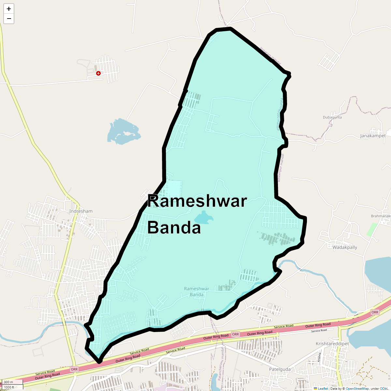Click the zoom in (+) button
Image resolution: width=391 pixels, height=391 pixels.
point(9,9)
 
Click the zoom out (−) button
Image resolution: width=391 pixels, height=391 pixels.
point(9,19)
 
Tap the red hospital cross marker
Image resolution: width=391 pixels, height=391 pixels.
point(98,73)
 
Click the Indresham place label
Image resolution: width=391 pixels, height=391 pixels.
point(81,211)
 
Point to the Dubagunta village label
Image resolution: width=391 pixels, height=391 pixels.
point(332,117)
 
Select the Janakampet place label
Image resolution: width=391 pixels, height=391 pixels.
point(373,136)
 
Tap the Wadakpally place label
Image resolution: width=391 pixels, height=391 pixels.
point(345,247)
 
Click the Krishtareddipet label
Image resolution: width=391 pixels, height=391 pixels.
point(332,344)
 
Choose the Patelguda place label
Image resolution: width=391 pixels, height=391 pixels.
point(280,369)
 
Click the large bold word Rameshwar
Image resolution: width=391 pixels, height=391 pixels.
point(197,201)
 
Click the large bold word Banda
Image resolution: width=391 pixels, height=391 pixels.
point(174,228)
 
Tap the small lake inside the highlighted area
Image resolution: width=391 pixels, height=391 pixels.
point(203,218)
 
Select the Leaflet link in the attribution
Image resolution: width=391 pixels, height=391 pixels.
point(323,388)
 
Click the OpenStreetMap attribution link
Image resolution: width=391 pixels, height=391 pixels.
point(357,388)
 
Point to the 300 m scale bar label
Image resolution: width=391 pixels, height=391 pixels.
point(9,382)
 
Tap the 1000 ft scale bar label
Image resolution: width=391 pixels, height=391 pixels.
point(9,387)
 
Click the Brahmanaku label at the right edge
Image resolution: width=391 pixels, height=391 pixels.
point(381,216)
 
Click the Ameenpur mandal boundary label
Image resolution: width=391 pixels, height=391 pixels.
point(281,168)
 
